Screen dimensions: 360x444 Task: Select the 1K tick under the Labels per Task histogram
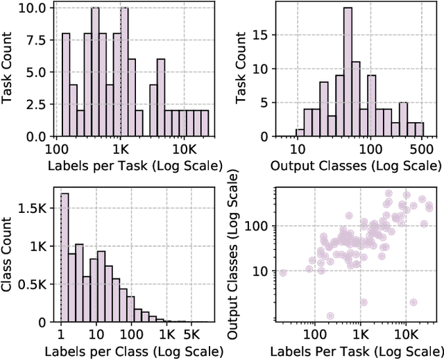click(x=120, y=149)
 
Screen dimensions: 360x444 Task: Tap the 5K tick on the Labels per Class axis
click(x=191, y=335)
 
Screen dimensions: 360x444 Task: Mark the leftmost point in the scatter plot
click(x=282, y=273)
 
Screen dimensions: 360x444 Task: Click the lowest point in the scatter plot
click(x=330, y=316)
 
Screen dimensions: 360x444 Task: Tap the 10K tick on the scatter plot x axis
click(x=406, y=335)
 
